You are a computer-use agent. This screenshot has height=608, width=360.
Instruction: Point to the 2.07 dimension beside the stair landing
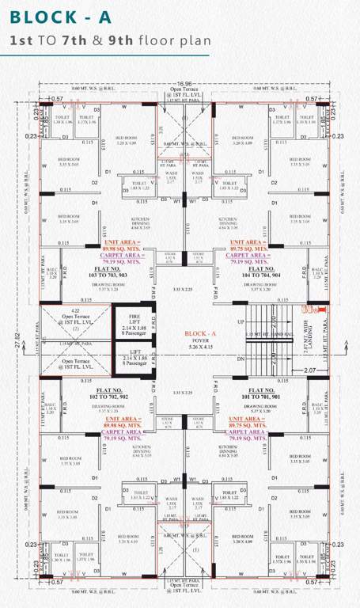click(309, 370)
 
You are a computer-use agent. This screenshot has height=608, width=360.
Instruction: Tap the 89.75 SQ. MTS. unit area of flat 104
click(249, 247)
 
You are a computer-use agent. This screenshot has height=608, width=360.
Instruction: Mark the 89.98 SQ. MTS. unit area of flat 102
click(120, 425)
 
